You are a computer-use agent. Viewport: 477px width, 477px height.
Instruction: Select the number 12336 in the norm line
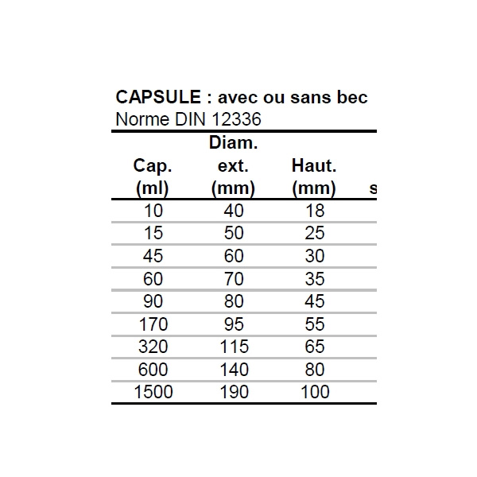point(235,120)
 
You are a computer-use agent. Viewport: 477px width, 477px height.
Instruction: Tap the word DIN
point(187,120)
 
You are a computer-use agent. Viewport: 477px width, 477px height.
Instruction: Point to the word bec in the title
point(353,97)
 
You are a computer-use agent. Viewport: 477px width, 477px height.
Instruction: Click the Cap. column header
point(153,167)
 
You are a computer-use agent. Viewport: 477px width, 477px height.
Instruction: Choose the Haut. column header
point(314,167)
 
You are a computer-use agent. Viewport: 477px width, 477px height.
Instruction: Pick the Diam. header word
point(232,144)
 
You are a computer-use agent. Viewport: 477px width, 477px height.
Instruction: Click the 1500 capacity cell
point(153,392)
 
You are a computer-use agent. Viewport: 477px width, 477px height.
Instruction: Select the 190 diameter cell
point(232,392)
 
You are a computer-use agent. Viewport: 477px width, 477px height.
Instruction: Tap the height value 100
point(314,392)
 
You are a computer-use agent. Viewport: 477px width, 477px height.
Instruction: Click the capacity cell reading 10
point(153,211)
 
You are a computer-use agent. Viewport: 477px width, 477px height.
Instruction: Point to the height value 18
point(314,211)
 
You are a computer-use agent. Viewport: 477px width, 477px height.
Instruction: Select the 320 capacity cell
point(153,347)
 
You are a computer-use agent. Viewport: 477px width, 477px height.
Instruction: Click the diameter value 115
point(232,347)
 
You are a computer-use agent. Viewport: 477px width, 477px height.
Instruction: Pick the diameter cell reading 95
point(232,324)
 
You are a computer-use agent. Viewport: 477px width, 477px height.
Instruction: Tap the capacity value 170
point(153,324)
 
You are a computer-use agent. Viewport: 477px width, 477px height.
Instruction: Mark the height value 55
point(314,324)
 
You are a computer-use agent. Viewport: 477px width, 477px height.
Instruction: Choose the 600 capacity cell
point(153,370)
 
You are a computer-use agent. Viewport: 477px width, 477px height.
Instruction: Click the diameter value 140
point(232,370)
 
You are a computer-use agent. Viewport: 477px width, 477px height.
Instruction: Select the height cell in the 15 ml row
point(314,234)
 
